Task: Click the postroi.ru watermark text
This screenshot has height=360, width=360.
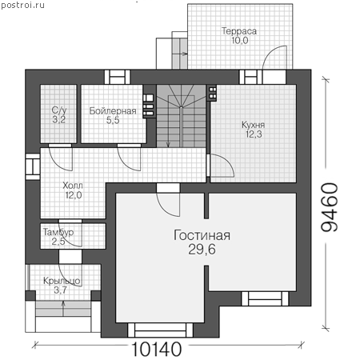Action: (22, 5)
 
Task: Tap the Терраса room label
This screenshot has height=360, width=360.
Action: (239, 31)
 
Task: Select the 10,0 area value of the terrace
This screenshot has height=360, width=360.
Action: (240, 41)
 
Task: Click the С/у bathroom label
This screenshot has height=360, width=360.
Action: (59, 110)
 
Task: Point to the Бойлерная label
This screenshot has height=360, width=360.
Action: (113, 110)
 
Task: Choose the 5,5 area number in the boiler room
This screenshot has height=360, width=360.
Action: (113, 120)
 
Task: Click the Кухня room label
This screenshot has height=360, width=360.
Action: (253, 125)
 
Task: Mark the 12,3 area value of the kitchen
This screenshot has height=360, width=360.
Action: (254, 134)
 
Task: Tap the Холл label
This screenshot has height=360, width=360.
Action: (73, 186)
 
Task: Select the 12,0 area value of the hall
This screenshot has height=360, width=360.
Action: (74, 195)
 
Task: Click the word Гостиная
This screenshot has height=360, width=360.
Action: (202, 235)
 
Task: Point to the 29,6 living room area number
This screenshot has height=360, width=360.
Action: (202, 250)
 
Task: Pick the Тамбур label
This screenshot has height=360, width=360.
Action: (58, 232)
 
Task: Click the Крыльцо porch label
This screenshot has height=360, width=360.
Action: (62, 281)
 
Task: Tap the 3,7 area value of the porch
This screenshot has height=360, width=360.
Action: (60, 290)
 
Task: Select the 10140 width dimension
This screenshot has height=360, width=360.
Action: (157, 350)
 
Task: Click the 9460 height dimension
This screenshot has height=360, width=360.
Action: (330, 207)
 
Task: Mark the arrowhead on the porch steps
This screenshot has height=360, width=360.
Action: (63, 303)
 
